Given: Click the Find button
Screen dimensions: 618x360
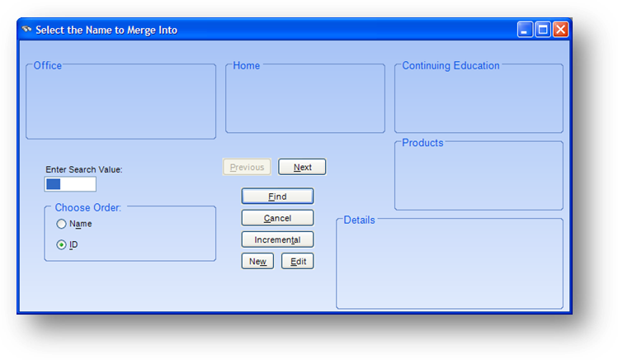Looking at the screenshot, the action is [x=277, y=197].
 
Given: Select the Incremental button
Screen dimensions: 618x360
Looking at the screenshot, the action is [x=277, y=239].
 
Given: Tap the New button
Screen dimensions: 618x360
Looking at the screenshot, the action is [x=257, y=262].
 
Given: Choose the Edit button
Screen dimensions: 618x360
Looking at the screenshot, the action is [x=298, y=262].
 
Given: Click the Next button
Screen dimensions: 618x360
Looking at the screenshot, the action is [x=302, y=167].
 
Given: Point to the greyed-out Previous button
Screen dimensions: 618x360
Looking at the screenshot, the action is [x=247, y=167].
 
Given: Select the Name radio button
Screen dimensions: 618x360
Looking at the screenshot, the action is [x=61, y=224].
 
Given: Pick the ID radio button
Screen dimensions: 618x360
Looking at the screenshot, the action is [x=61, y=245].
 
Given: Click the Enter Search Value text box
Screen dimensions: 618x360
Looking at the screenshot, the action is [x=70, y=184].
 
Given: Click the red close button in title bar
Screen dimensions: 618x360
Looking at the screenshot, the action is [x=560, y=30].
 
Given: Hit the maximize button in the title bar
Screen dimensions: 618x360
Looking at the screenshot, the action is [x=543, y=30].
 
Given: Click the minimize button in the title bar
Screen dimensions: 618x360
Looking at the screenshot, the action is [x=525, y=30].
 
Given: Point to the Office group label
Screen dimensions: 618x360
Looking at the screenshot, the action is [x=48, y=65].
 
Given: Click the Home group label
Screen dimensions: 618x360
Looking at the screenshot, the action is [x=247, y=65].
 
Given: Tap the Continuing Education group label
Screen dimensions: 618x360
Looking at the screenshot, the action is [x=451, y=65].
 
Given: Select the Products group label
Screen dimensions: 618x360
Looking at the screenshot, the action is [x=422, y=143].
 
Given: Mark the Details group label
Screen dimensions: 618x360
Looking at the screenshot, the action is [x=359, y=220].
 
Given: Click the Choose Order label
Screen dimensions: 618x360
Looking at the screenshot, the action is [x=88, y=208].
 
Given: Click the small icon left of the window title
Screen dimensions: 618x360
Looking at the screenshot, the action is [x=26, y=29].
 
